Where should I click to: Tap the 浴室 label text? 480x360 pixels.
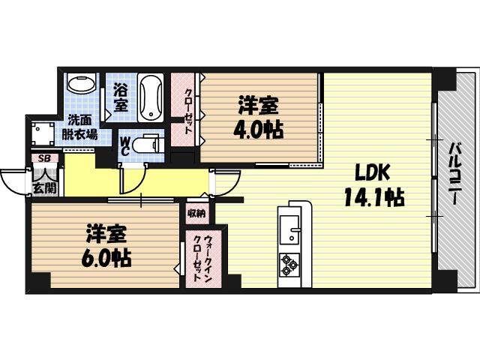[121, 98]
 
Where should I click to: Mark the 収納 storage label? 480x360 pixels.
[196, 214]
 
